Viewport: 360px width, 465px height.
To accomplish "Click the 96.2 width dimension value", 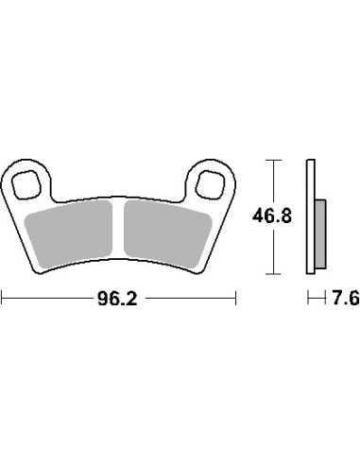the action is [117, 299].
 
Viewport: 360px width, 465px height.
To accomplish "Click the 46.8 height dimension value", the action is [272, 216].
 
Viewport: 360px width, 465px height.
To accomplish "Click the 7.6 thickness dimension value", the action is [346, 299].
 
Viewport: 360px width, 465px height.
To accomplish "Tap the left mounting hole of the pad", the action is [26, 185].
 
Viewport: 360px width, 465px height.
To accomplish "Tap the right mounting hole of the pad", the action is [211, 185].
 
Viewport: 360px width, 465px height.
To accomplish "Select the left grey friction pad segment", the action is [69, 234].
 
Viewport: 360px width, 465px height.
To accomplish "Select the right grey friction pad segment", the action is [167, 234].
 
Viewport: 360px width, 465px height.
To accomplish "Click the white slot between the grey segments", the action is [118, 230].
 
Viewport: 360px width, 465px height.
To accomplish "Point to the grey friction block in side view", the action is [320, 234].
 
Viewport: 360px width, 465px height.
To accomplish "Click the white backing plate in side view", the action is [311, 216].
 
